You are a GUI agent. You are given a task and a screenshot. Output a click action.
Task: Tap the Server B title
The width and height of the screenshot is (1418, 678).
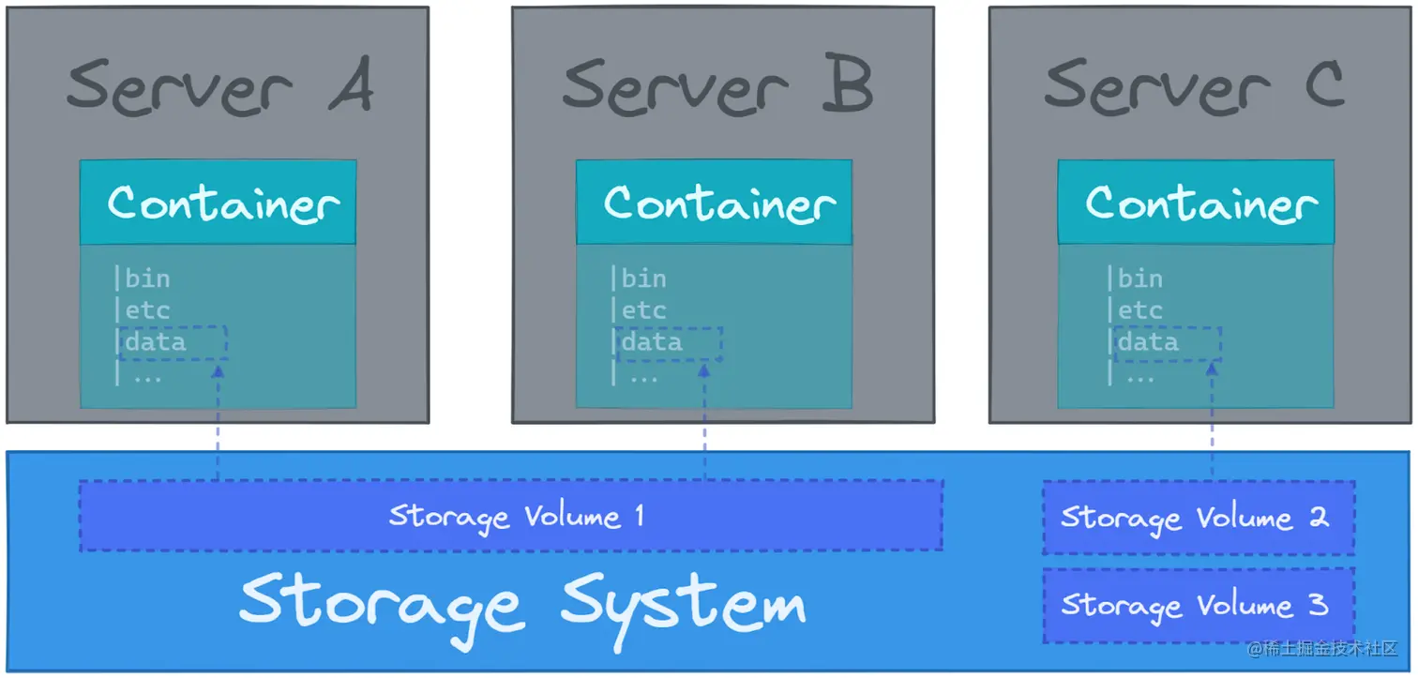pos(717,86)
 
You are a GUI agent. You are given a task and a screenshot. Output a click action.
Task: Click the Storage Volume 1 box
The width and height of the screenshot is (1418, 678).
pos(510,516)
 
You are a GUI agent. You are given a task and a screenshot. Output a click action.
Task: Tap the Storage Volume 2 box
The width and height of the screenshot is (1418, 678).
pos(1199,518)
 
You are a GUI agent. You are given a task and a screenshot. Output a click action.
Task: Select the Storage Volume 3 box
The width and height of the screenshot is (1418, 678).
pos(1199,605)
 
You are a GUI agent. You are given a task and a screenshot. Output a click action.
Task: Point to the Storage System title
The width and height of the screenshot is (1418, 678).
pos(521,601)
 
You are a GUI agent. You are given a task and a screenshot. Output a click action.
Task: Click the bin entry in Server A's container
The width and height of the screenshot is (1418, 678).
pos(147,279)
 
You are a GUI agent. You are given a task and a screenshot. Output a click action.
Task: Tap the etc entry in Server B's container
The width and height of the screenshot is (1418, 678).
pos(643,310)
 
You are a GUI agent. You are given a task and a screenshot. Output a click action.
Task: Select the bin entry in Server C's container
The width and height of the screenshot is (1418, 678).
pos(1139,279)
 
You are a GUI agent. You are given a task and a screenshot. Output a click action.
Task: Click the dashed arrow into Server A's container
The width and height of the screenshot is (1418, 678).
pos(218,422)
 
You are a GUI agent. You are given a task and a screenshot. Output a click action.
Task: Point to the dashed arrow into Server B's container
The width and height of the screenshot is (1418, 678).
pos(703,422)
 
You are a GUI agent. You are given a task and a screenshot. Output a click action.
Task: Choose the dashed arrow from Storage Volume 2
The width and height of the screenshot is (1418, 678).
pos(1212,422)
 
